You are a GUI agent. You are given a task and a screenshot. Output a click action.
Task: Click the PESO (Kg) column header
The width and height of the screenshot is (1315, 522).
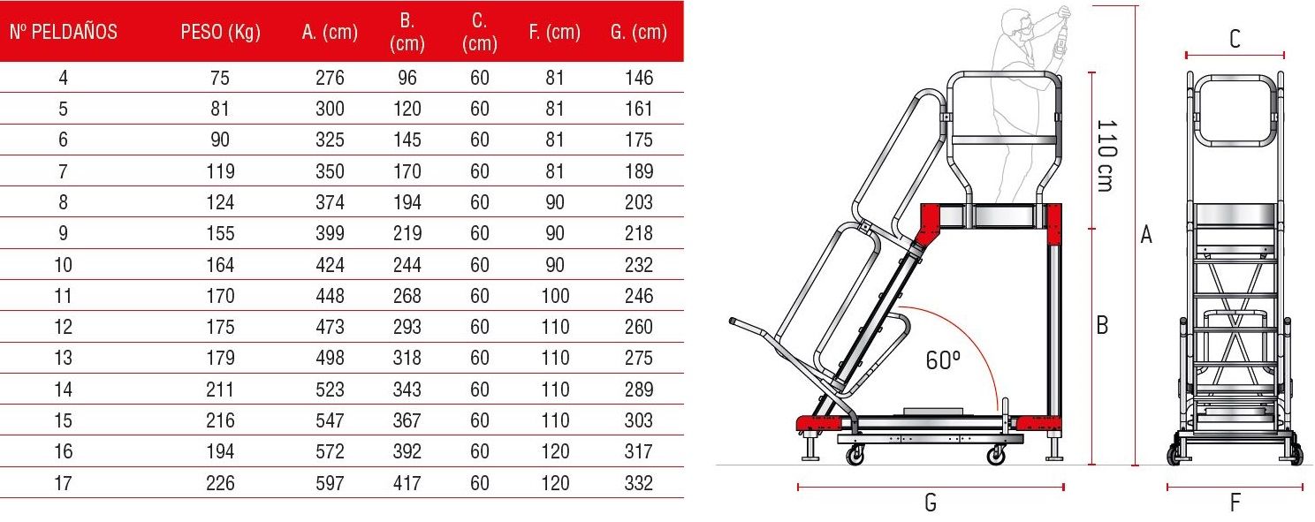click(x=220, y=32)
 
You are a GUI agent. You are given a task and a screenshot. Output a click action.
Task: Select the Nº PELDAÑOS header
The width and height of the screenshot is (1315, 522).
click(x=64, y=31)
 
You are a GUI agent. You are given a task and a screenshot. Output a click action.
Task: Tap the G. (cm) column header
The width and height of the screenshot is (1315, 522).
click(x=639, y=32)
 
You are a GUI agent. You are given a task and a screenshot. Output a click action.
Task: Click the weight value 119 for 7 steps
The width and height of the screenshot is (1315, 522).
click(x=220, y=171)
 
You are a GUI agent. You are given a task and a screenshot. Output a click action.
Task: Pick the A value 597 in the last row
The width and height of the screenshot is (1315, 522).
click(x=330, y=483)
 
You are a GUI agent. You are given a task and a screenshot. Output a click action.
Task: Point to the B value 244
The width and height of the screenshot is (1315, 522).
click(x=407, y=265)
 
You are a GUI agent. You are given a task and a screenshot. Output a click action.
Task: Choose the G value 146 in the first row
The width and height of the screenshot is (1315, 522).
click(x=639, y=78)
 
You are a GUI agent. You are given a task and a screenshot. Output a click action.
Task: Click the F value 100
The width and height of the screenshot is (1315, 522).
click(x=555, y=296)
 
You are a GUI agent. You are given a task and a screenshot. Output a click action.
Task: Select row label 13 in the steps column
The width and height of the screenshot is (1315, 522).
click(x=64, y=358)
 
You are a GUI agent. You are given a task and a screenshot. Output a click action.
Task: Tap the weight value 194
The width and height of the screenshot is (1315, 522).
click(x=220, y=451)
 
